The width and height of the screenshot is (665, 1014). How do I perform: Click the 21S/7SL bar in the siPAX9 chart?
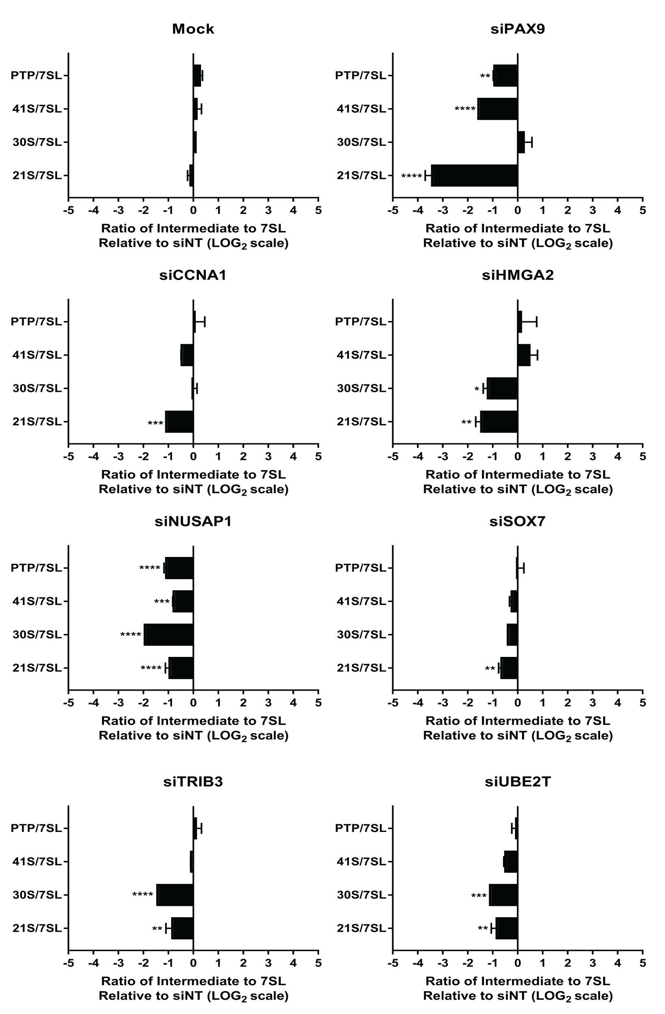(474, 175)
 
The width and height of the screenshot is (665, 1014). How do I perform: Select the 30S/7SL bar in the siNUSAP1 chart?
(168, 635)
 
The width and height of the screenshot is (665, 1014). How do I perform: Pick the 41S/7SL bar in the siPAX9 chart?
(497, 108)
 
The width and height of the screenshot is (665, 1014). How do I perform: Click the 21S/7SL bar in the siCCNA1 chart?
(179, 421)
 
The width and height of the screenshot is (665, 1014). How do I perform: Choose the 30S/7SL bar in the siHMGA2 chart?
(502, 388)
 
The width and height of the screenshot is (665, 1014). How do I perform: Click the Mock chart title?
(193, 29)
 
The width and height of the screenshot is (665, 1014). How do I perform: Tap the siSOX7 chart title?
(517, 522)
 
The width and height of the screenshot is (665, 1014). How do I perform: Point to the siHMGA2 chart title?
(518, 275)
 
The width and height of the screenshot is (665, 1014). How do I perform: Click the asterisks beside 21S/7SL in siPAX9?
(412, 176)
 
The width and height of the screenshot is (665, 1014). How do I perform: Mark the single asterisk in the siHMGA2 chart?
(477, 389)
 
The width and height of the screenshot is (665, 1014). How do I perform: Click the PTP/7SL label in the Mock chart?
(37, 76)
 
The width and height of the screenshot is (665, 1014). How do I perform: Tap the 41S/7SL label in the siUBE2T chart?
(361, 862)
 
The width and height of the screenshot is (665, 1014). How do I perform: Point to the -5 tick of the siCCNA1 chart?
(69, 456)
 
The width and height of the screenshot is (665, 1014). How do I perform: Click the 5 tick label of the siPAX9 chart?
(642, 210)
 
